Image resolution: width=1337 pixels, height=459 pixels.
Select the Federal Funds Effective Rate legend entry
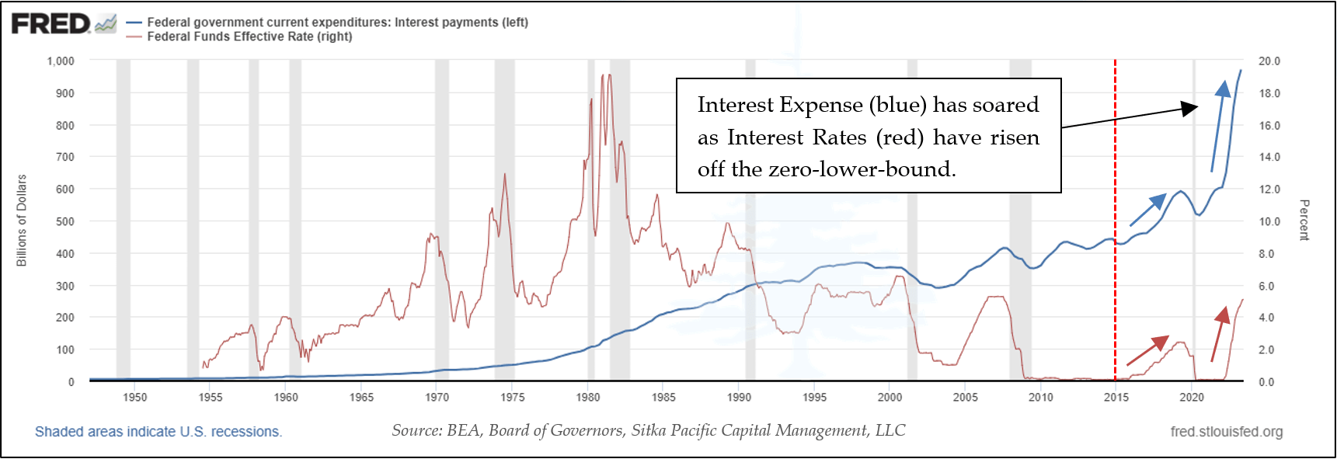(x=249, y=37)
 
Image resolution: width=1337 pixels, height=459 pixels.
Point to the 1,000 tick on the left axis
(x=61, y=61)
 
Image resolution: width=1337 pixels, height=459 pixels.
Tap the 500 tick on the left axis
(x=65, y=221)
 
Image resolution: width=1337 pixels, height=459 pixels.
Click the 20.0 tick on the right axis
(x=1269, y=61)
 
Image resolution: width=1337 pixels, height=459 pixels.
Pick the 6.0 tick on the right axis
(x=1266, y=286)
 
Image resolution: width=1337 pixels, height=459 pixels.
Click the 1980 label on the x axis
(x=588, y=397)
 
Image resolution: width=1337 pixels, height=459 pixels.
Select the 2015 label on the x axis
(x=1116, y=397)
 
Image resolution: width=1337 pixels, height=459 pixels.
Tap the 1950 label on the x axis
(x=134, y=397)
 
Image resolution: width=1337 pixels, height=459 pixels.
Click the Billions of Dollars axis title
(x=22, y=221)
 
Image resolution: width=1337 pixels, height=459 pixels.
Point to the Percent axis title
(x=1304, y=220)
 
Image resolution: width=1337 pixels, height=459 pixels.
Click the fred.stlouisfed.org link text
(x=1226, y=432)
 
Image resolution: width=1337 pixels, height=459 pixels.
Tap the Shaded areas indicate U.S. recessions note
(x=158, y=432)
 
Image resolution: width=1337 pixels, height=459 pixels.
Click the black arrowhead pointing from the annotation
(x=1190, y=108)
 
